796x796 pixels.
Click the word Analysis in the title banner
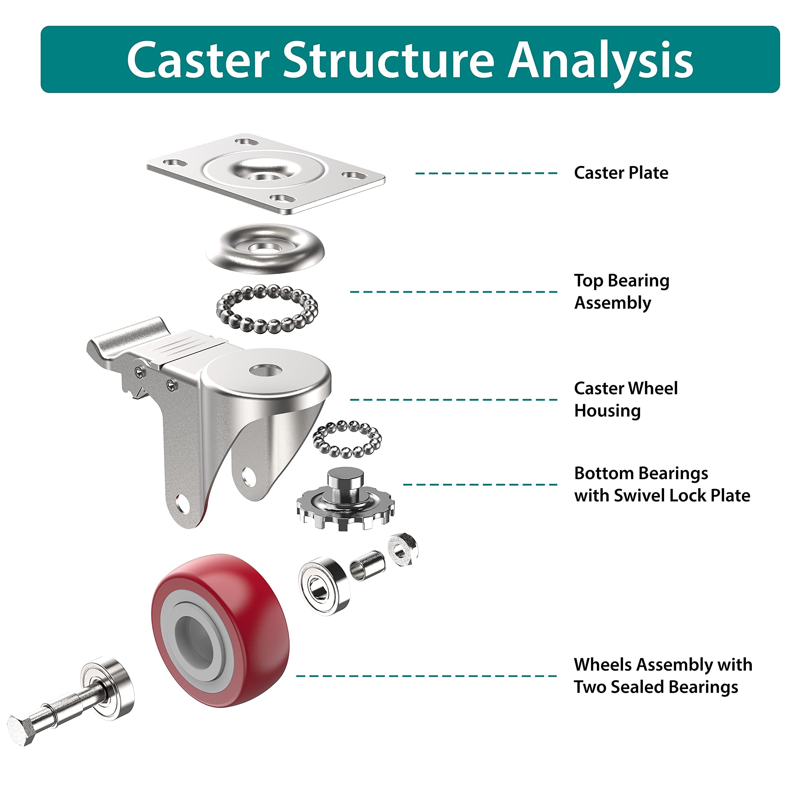click(x=601, y=60)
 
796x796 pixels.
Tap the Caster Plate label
click(x=621, y=173)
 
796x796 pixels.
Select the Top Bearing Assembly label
click(x=621, y=291)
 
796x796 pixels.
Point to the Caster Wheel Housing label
click(x=625, y=399)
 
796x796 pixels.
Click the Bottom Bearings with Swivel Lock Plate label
click(x=661, y=484)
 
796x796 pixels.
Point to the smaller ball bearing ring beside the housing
click(x=347, y=439)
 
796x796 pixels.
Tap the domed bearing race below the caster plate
click(x=265, y=248)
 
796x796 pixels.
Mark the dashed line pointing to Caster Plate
click(x=486, y=173)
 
